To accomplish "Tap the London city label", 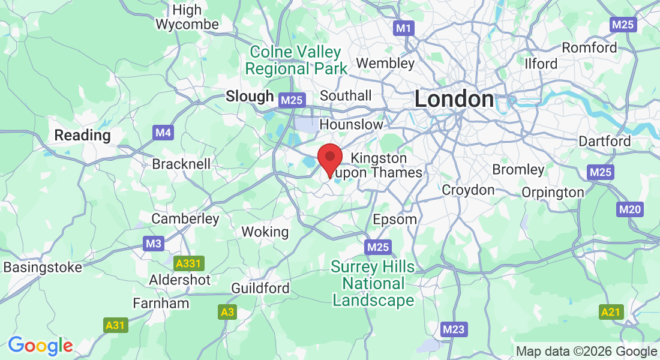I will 454,99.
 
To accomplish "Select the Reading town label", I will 82,135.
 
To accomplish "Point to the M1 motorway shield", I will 404,28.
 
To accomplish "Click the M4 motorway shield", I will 163,133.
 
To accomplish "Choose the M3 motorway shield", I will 154,244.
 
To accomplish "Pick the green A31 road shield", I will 115,325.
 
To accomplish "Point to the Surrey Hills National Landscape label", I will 373,283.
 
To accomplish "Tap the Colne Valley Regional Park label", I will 296,61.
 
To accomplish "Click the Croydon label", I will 468,190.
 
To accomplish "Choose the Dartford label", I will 604,141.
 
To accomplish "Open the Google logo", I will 40,346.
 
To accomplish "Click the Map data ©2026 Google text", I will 586,352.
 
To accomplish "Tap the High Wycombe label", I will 187,17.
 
